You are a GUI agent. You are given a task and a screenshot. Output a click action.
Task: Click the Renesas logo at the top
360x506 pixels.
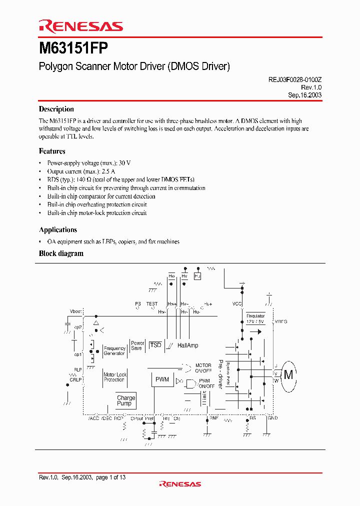tap(80, 26)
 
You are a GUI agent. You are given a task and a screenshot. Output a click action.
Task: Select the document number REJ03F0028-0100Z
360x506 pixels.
tap(291, 79)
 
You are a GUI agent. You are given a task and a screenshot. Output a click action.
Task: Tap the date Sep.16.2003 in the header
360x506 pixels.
tap(304, 95)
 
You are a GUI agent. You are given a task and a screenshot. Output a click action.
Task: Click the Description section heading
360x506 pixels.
tap(56, 109)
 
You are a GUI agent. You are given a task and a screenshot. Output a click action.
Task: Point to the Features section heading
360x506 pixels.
tap(52, 151)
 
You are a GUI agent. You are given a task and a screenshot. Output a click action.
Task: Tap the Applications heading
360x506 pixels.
tap(58, 230)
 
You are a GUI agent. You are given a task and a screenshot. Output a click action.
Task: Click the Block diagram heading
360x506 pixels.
tap(61, 253)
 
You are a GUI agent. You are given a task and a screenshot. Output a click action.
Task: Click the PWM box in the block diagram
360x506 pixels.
tap(162, 379)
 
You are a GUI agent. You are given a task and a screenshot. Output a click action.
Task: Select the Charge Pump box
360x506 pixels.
tap(126, 400)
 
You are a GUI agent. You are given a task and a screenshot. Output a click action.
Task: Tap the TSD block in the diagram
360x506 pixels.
tap(156, 345)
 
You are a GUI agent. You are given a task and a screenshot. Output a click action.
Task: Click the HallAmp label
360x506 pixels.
tap(187, 345)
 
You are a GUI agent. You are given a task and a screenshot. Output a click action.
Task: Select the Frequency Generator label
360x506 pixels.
tap(114, 351)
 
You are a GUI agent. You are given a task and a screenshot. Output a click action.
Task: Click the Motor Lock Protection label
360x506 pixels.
tap(115, 377)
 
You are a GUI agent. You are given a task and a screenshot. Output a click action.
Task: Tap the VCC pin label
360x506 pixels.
tap(237, 304)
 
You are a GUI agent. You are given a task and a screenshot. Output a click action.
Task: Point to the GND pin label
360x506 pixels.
tap(273, 418)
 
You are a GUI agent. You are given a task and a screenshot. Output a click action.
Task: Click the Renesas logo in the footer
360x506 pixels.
tap(180, 484)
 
